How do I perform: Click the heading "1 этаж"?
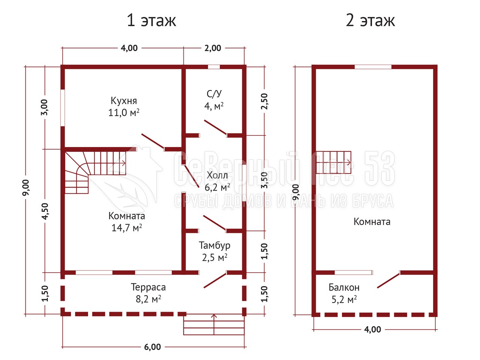(151, 20)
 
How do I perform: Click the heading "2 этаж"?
(370, 20)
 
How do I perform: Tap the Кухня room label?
(124, 101)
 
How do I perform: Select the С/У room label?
(214, 93)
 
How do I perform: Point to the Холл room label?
(217, 175)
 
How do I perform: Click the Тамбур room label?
(214, 245)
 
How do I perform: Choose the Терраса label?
(148, 287)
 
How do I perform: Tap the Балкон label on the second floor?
(344, 287)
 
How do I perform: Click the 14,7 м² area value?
(127, 228)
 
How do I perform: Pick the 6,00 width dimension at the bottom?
(152, 347)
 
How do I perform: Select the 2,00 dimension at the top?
(213, 48)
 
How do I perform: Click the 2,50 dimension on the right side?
(264, 101)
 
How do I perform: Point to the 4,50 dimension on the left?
(45, 211)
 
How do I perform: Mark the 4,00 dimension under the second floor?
(373, 329)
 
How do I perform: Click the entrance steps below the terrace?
(214, 325)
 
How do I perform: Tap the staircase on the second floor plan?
(334, 162)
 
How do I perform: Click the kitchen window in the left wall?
(63, 108)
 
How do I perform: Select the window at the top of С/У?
(214, 67)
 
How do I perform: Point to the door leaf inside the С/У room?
(215, 127)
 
